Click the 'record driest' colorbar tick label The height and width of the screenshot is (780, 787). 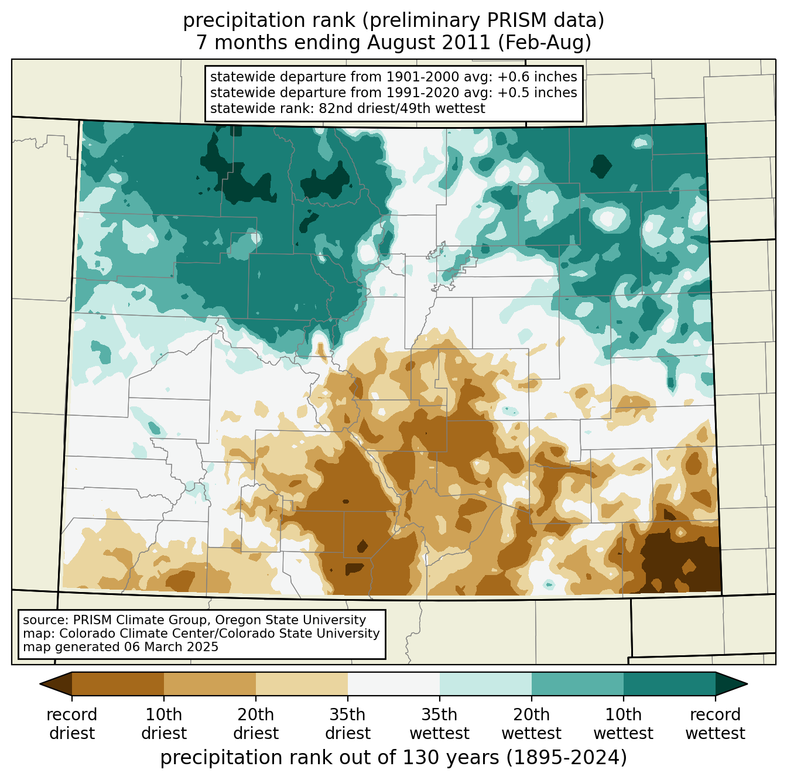point(72,724)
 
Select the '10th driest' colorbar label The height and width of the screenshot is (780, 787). point(164,724)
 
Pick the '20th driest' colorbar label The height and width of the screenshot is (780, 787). point(256,724)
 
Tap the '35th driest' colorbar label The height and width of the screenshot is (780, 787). point(348,724)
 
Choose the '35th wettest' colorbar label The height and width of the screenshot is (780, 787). point(440,724)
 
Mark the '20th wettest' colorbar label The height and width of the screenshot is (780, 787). point(532,724)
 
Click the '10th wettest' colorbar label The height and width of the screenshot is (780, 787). point(624,724)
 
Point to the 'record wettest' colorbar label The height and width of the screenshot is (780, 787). point(716,724)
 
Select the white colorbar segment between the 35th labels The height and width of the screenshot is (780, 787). point(393,683)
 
